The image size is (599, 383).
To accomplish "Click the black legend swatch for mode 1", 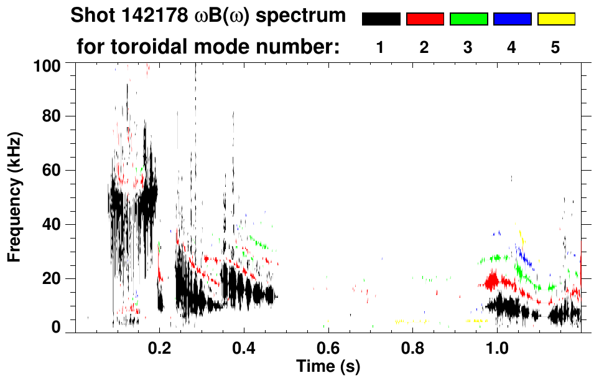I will pyautogui.click(x=381, y=19).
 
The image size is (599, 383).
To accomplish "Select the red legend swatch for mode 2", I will pyautogui.click(x=425, y=19).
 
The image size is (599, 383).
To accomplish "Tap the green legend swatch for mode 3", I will pyautogui.click(x=468, y=19).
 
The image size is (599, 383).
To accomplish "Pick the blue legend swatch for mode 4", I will pyautogui.click(x=512, y=19).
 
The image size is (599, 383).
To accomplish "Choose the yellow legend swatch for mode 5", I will pyautogui.click(x=556, y=19).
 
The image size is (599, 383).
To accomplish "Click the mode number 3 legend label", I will pyautogui.click(x=468, y=47).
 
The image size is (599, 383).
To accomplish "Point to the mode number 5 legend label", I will pyautogui.click(x=555, y=47).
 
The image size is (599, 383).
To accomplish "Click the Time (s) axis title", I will pyautogui.click(x=328, y=367).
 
